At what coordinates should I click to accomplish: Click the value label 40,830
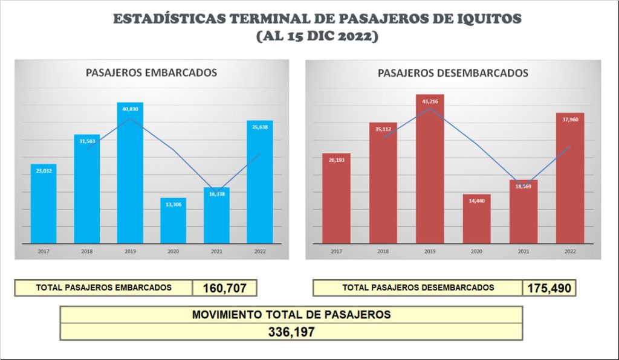130,109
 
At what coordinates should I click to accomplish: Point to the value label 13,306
173,204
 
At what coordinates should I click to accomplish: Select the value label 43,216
430,101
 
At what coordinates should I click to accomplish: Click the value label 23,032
44,171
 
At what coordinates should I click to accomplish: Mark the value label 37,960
569,119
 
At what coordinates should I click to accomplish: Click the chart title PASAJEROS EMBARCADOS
151,72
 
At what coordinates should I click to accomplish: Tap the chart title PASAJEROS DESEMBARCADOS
453,73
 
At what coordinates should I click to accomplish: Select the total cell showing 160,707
224,288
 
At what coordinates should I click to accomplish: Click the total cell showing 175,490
548,288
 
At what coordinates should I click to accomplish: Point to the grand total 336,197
291,332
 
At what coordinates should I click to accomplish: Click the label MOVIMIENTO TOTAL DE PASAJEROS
291,315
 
